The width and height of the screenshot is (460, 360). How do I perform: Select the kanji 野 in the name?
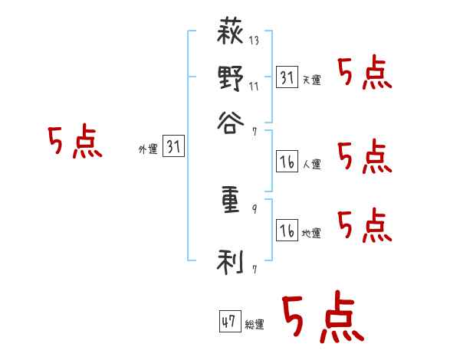click(232, 77)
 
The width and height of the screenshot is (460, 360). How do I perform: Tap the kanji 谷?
click(232, 119)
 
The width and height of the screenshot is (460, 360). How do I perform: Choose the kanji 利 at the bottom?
click(232, 263)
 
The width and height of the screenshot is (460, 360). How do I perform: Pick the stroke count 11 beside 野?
click(254, 86)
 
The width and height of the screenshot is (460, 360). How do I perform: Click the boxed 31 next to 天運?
click(287, 77)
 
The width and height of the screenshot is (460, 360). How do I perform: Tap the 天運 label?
click(311, 80)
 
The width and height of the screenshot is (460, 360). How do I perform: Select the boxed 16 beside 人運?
click(287, 162)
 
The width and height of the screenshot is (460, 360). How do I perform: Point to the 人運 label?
click(311, 164)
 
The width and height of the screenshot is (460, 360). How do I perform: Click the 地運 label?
click(311, 233)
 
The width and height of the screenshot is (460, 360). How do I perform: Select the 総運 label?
click(255, 325)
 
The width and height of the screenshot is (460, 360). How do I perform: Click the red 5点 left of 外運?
click(74, 143)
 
